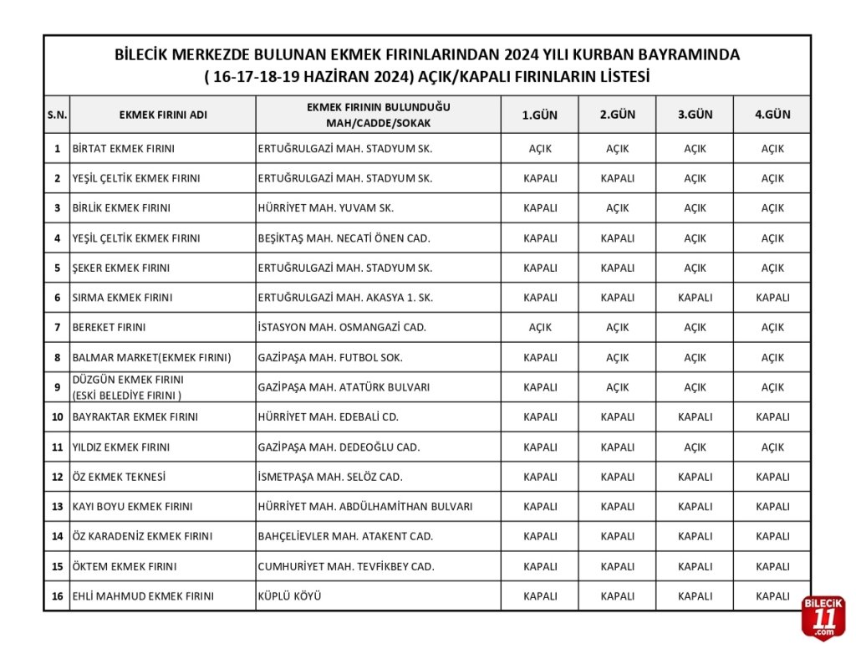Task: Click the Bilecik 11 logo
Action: click(823, 618)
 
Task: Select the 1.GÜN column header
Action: click(539, 115)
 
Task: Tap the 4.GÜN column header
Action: click(772, 115)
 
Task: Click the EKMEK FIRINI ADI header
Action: click(163, 115)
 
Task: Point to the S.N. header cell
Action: click(57, 115)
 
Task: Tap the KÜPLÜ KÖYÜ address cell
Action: click(290, 596)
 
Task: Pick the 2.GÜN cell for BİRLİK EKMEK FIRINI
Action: click(617, 208)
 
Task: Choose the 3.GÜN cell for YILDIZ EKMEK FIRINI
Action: click(695, 447)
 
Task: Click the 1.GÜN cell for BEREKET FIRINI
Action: click(539, 328)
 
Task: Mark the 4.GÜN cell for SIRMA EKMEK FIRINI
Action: click(772, 298)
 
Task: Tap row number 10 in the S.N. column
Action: click(57, 417)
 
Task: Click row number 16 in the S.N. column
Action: click(57, 596)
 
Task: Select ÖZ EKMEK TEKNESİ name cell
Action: click(120, 477)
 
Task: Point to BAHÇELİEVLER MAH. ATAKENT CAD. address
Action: click(345, 536)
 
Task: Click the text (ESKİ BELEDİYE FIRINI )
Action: click(127, 395)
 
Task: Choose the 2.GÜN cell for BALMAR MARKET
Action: click(617, 358)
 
